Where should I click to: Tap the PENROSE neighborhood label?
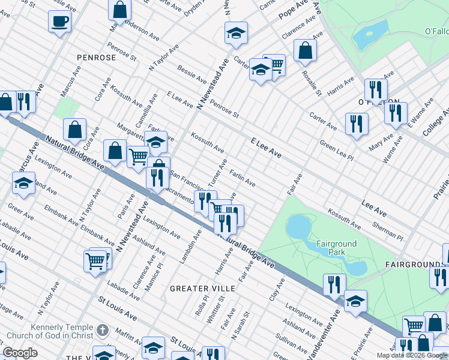click(96, 58)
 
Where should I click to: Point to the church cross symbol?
click(103, 330)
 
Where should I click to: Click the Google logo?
click(20, 353)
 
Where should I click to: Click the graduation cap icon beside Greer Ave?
click(23, 183)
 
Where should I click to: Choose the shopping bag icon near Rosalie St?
click(305, 52)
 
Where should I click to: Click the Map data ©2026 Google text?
click(412, 355)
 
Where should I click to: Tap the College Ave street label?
click(438, 122)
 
